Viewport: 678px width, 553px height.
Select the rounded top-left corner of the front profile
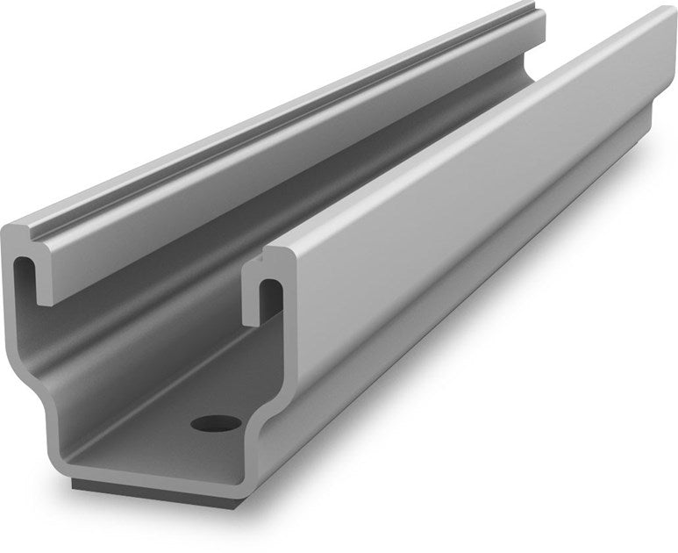pos(9,232)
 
